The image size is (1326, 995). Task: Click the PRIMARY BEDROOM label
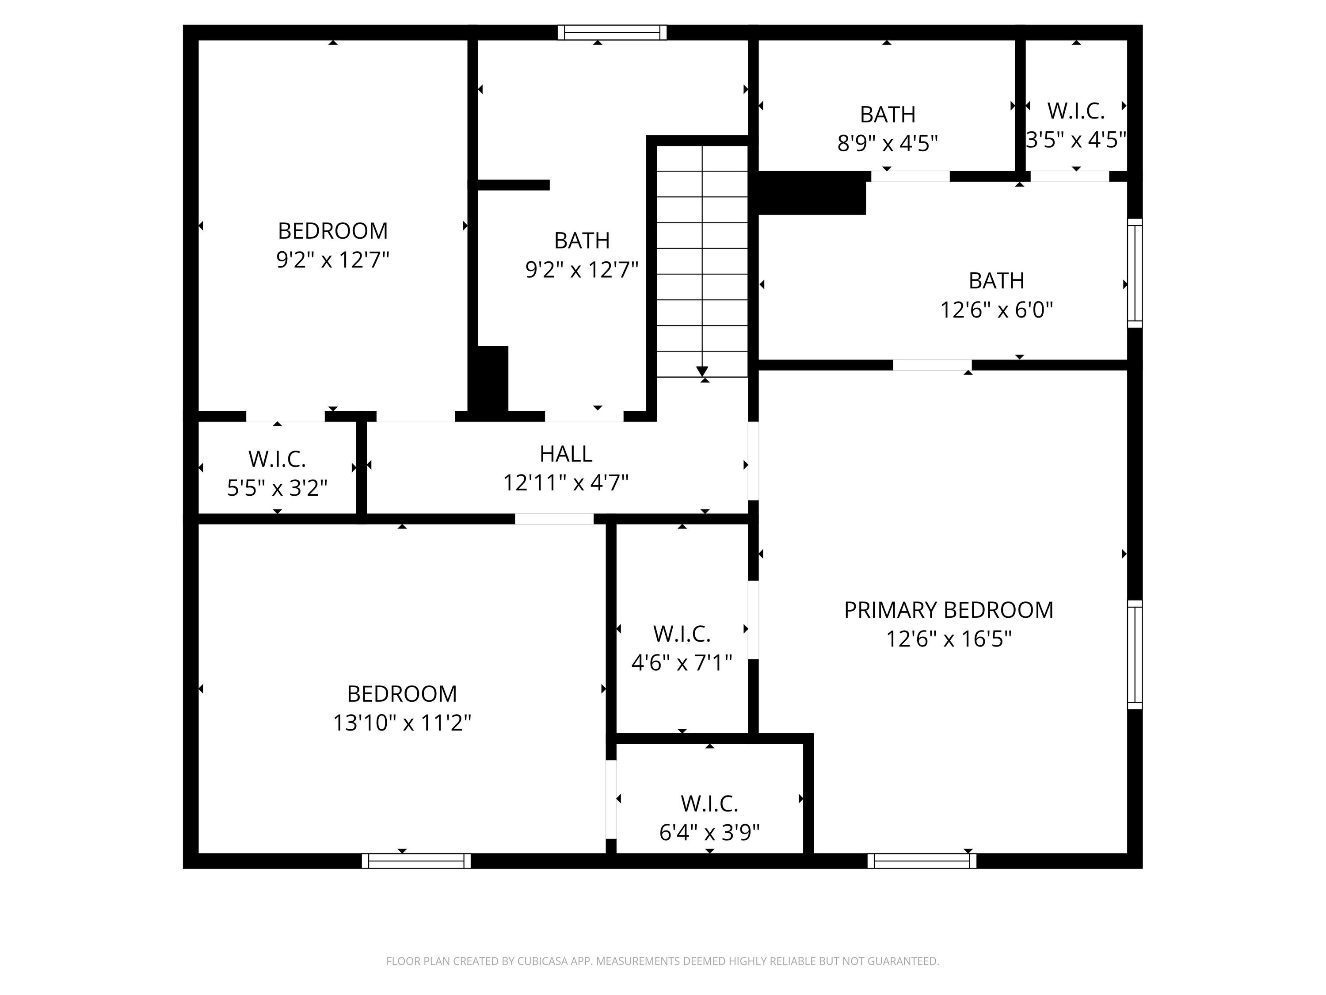pos(949,610)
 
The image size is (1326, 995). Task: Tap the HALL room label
pos(566,454)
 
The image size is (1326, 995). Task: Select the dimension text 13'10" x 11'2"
pos(402,723)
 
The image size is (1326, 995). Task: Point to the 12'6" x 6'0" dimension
pos(996,310)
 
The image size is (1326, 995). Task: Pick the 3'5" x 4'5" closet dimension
pos(1076,140)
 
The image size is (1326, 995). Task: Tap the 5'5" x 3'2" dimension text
pos(277,488)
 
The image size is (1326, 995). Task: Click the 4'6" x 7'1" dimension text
pos(682,663)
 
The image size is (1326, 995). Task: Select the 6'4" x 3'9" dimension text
pos(709,832)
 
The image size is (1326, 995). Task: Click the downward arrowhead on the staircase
pos(702,371)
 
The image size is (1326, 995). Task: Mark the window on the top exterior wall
pos(612,32)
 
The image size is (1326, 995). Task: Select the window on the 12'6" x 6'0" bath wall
pos(1135,273)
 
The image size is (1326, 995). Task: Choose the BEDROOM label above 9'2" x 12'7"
pos(333,231)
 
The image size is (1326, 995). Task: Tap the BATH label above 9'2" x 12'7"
pos(582,241)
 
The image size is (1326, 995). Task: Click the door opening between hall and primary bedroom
pos(754,461)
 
